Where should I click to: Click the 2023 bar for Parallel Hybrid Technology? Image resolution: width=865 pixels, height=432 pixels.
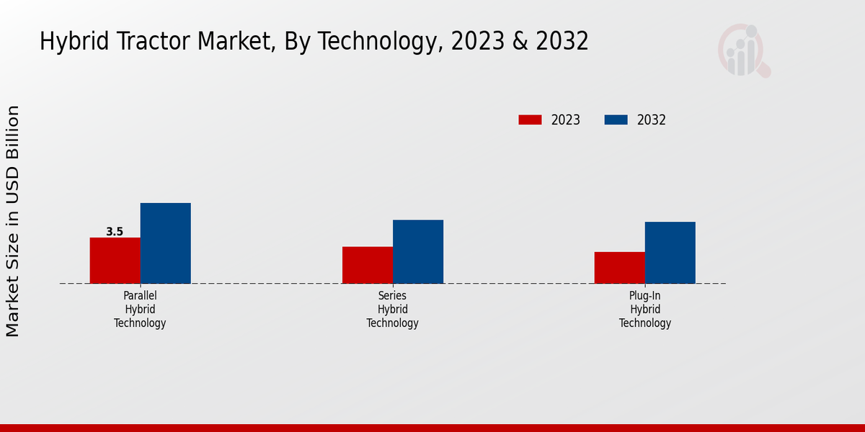tap(115, 261)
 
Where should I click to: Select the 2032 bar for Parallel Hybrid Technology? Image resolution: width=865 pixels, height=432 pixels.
tap(165, 243)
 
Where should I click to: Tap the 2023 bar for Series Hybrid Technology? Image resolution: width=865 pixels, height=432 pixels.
tap(368, 265)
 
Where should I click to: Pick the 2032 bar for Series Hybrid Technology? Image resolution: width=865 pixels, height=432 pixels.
tap(418, 251)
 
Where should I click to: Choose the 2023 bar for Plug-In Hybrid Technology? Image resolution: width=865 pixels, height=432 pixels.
tap(620, 268)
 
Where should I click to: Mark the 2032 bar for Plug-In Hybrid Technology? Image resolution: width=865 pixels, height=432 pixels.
tap(670, 253)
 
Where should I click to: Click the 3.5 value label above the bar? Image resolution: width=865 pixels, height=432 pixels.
tap(115, 232)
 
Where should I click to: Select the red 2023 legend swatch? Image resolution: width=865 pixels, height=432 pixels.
tap(530, 120)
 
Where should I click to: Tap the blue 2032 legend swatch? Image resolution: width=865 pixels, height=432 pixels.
tap(616, 120)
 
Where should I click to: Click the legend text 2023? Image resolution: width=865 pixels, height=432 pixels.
tap(566, 120)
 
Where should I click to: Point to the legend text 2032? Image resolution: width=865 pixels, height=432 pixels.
tap(652, 120)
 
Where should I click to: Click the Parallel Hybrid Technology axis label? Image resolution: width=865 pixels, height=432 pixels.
tap(140, 310)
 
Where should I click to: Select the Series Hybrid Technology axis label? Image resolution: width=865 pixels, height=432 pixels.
tap(392, 310)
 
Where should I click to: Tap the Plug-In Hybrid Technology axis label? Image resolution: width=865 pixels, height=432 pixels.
tap(645, 310)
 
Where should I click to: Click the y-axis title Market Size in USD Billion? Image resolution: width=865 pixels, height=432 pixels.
tap(13, 220)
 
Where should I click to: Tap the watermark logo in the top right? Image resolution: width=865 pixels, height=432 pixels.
tap(743, 50)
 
